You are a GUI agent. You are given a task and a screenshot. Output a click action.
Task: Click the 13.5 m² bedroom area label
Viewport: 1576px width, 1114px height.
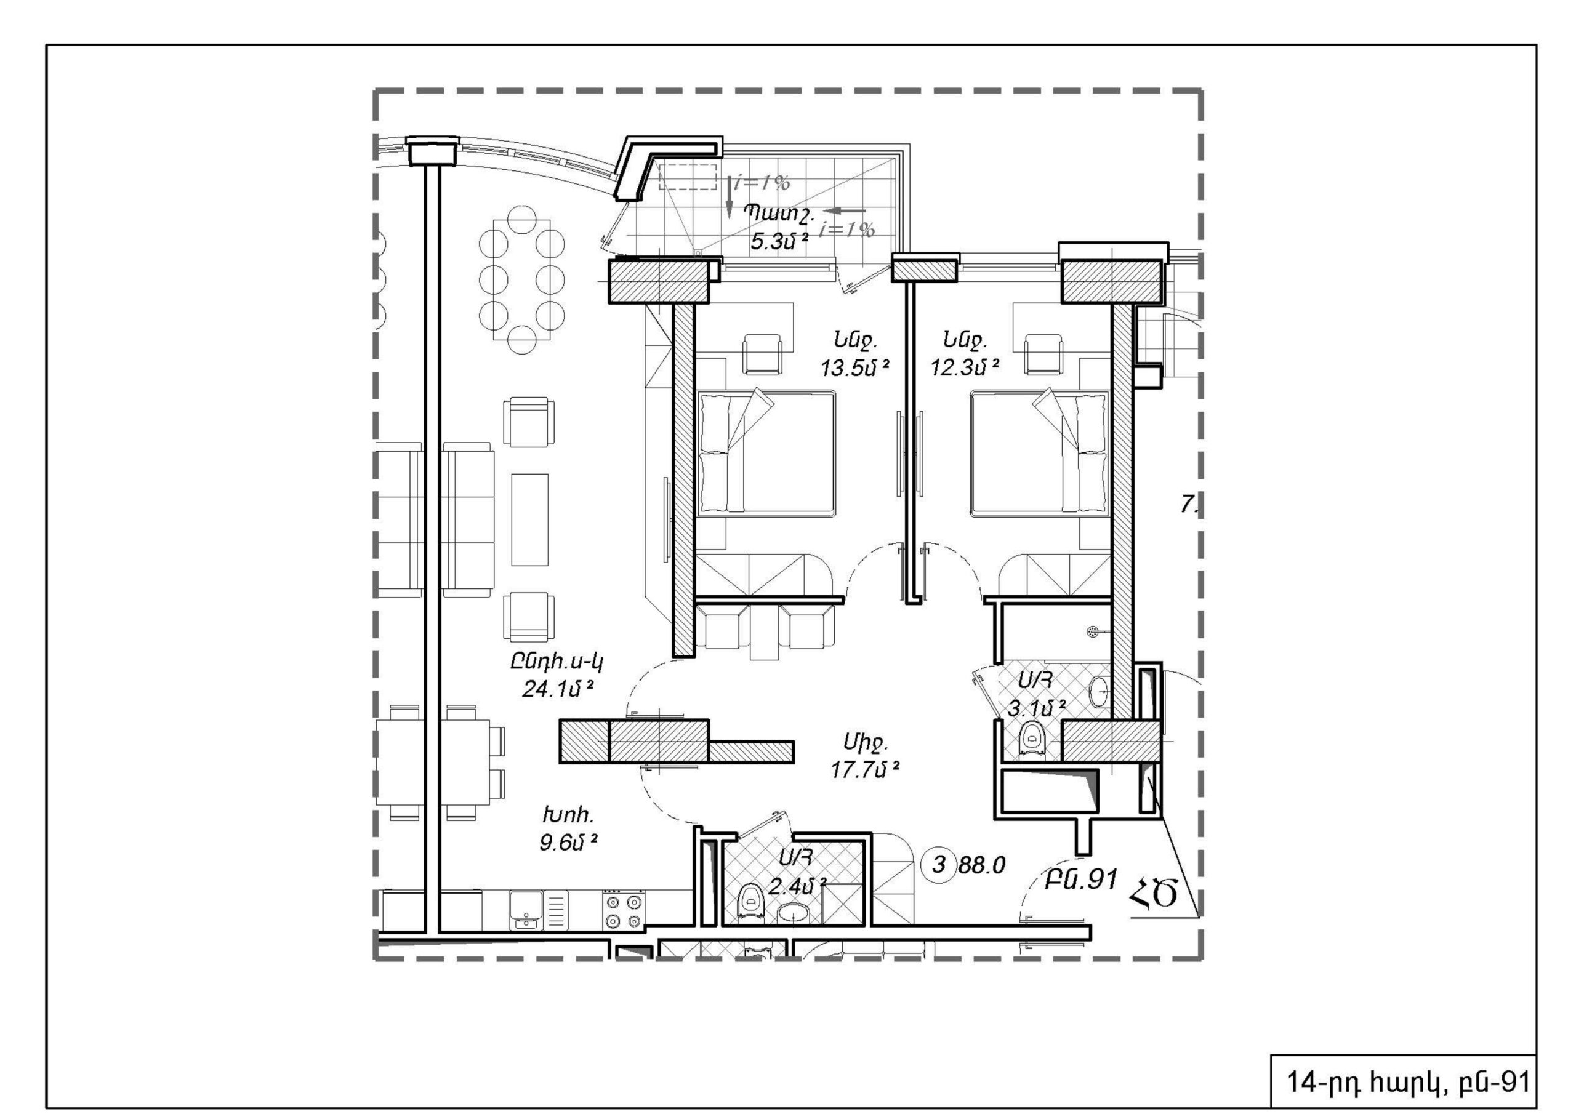pos(855,368)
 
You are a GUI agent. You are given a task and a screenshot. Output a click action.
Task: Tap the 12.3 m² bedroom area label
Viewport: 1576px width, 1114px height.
pos(965,368)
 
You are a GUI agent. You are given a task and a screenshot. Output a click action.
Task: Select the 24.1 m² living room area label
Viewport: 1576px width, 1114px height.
pos(557,689)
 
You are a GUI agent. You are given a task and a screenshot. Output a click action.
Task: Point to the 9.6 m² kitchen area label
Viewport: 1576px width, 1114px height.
pos(568,842)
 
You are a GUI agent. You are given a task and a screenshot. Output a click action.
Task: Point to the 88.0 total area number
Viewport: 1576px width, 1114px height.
pos(981,865)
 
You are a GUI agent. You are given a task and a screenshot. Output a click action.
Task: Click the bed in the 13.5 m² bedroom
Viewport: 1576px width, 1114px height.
pos(766,454)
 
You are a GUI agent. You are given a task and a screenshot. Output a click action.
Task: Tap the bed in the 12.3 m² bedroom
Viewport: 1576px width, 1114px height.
pos(1039,454)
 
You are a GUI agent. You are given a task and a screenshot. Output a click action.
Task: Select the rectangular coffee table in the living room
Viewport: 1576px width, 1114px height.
pos(530,519)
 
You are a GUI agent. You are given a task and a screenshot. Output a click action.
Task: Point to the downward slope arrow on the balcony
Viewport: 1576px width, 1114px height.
pos(730,196)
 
